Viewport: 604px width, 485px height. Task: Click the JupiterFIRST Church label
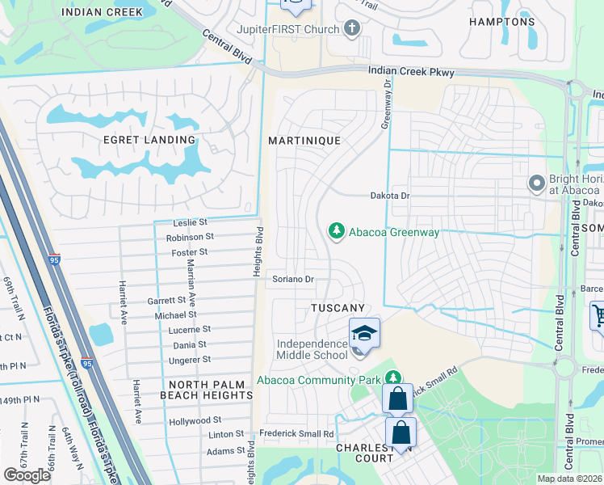click(286, 29)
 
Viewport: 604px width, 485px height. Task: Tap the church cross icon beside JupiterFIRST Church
click(350, 29)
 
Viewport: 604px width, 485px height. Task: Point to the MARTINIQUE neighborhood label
click(304, 140)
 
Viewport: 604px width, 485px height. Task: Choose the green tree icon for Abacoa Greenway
click(336, 232)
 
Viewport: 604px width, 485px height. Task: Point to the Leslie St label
click(191, 222)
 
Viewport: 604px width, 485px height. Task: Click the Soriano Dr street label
click(292, 279)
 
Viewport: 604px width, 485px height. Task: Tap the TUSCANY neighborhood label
click(338, 308)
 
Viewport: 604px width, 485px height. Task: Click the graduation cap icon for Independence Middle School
click(364, 333)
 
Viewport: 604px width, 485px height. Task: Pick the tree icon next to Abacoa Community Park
click(392, 378)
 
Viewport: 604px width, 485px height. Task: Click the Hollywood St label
click(195, 421)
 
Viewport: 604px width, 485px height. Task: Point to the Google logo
click(27, 475)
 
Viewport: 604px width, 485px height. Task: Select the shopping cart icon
click(598, 315)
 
